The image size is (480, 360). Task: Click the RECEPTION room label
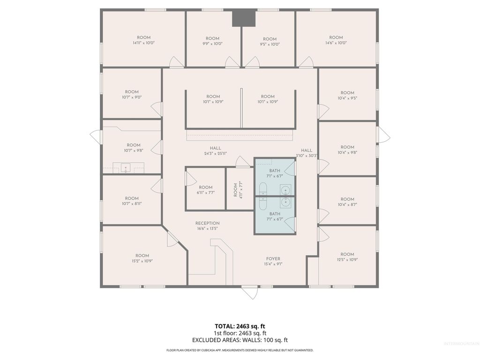pyautogui.click(x=207, y=223)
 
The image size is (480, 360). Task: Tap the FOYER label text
pyautogui.click(x=273, y=259)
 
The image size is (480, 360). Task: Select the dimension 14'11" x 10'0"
pyautogui.click(x=143, y=43)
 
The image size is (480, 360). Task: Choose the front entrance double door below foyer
pyautogui.click(x=249, y=292)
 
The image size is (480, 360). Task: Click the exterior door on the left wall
pyautogui.click(x=96, y=137)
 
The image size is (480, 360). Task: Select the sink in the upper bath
pyautogui.click(x=285, y=189)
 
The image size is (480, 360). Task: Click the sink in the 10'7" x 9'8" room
pyautogui.click(x=125, y=167)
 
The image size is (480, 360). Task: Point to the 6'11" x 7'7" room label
pyautogui.click(x=205, y=190)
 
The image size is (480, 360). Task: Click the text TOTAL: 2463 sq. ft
pyautogui.click(x=240, y=326)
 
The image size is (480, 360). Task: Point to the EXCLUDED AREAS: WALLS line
pyautogui.click(x=240, y=340)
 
